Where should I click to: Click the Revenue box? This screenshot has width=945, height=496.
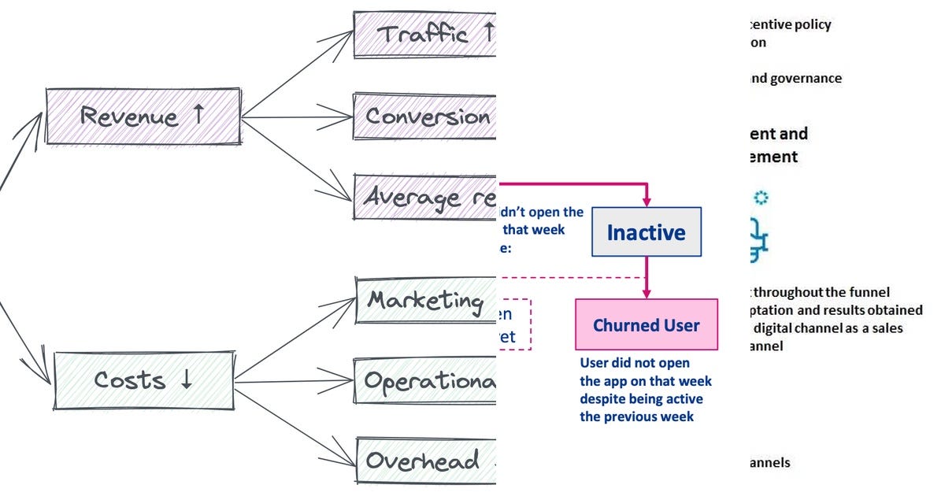[x=143, y=117]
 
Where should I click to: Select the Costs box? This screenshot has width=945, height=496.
[x=143, y=380]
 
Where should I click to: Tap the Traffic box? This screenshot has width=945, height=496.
[x=425, y=34]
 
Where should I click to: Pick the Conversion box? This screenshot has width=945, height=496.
[x=426, y=117]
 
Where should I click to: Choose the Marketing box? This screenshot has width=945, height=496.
[x=426, y=300]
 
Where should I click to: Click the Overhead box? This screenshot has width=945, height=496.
[x=426, y=460]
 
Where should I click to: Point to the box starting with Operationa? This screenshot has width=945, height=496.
[x=426, y=381]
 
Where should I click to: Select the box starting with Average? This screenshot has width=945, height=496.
[x=426, y=197]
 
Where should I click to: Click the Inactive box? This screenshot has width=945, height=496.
[x=646, y=232]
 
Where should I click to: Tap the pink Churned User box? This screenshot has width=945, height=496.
[x=646, y=324]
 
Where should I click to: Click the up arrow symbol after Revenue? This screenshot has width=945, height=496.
[x=198, y=115]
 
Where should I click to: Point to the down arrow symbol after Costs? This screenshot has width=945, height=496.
[x=187, y=379]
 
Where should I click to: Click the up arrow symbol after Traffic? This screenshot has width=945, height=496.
[x=487, y=33]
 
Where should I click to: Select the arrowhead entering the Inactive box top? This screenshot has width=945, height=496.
[x=647, y=202]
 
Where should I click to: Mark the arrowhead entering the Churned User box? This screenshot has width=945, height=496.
[x=647, y=293]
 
